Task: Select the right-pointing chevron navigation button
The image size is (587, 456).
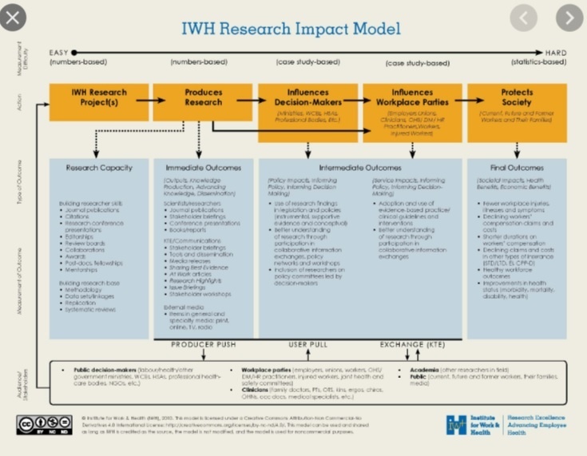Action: pos(569,18)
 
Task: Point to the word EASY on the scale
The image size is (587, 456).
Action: pos(61,51)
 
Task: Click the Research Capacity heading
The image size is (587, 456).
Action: pos(99,168)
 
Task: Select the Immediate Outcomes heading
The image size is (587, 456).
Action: pos(203,168)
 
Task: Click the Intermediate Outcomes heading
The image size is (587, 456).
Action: pos(360,168)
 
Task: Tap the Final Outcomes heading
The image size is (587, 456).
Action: pos(517,168)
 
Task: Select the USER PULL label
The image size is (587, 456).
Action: pos(309,344)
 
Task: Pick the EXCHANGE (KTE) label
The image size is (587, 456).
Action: pos(411,344)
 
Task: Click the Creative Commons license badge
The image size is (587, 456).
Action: pos(44,424)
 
